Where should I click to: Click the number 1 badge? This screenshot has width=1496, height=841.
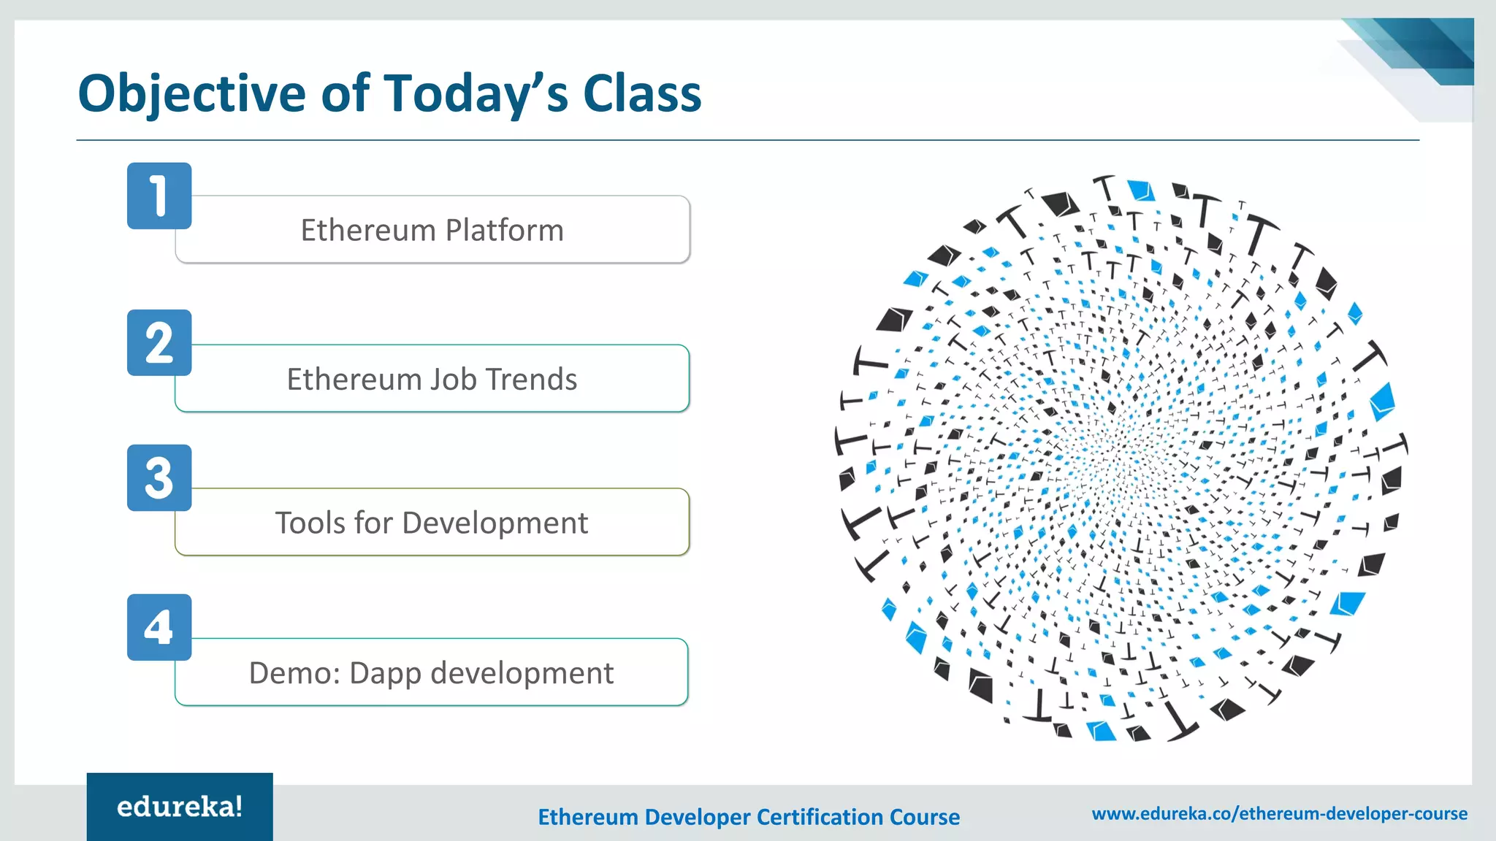(x=159, y=196)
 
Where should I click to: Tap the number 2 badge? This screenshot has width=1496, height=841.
(x=159, y=342)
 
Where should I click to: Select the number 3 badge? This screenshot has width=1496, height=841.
(x=159, y=477)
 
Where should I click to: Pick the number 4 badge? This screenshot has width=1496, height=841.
(x=159, y=627)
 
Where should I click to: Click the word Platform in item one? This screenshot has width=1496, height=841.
(x=505, y=231)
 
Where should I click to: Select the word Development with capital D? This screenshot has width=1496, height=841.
(x=495, y=523)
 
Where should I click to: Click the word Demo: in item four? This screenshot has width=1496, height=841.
(x=295, y=673)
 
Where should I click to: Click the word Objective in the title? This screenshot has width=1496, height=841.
(x=192, y=95)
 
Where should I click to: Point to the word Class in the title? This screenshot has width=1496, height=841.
(x=642, y=93)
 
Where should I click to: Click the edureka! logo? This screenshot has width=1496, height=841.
(x=180, y=807)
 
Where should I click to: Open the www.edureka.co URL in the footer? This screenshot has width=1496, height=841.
(x=1279, y=813)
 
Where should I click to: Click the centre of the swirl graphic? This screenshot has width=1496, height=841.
(x=1121, y=456)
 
